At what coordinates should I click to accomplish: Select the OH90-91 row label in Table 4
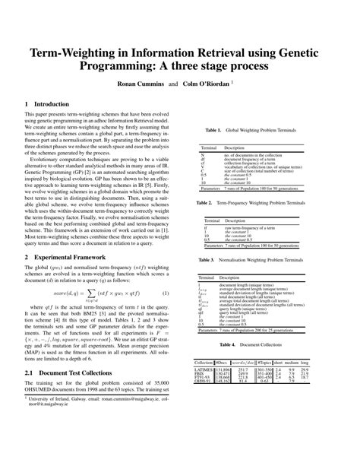click(203, 382)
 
